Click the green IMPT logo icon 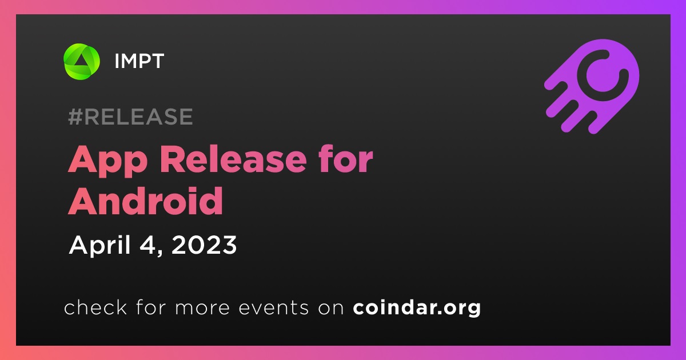81,61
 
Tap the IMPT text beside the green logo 139,61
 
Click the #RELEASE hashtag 130,117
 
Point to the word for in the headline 346,159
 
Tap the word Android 145,201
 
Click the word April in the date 100,246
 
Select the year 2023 204,245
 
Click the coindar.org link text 417,308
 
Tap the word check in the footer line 95,307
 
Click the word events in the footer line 273,307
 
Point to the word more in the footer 202,309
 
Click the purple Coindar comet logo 592,87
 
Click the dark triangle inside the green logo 81,61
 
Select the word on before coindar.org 331,309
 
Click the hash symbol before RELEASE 75,117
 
